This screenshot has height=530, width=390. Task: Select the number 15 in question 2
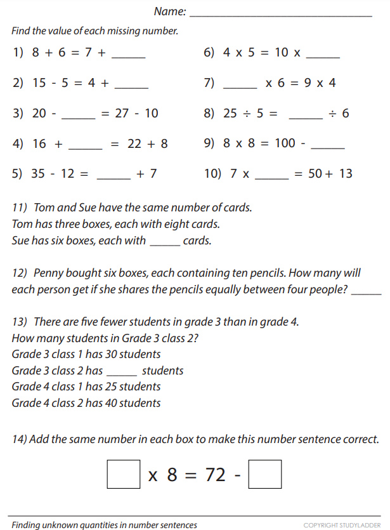click(39, 83)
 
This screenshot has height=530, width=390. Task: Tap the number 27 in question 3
click(122, 114)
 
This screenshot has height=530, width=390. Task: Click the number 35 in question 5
click(39, 173)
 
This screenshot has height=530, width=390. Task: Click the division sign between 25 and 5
click(248, 114)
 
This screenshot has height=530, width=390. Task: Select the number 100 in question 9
click(285, 143)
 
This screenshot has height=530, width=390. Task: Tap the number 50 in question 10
click(316, 173)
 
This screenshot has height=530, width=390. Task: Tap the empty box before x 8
click(124, 474)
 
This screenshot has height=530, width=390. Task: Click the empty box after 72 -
click(265, 474)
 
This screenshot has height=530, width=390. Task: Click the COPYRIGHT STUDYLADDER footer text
click(343, 525)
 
